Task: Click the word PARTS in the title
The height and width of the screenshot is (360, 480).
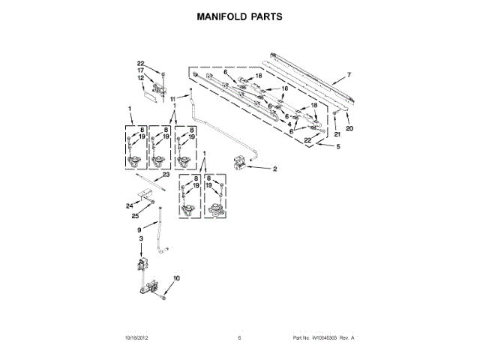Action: [267, 15]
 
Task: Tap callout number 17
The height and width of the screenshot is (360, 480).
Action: [140, 70]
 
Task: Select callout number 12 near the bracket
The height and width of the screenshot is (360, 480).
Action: [140, 78]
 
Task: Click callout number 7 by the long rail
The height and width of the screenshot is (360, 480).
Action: [348, 76]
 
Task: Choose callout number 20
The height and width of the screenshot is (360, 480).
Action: [348, 128]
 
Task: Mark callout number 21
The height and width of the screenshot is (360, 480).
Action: [337, 133]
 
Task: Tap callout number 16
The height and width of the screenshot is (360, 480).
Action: [284, 88]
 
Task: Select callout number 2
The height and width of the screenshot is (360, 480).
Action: [274, 169]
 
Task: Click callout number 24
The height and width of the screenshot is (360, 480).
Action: [128, 205]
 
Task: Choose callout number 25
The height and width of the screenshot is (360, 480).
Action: [136, 216]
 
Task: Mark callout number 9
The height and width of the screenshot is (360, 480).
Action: [138, 229]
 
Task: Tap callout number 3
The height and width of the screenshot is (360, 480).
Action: [140, 238]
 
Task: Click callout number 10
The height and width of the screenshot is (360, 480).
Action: [177, 279]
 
